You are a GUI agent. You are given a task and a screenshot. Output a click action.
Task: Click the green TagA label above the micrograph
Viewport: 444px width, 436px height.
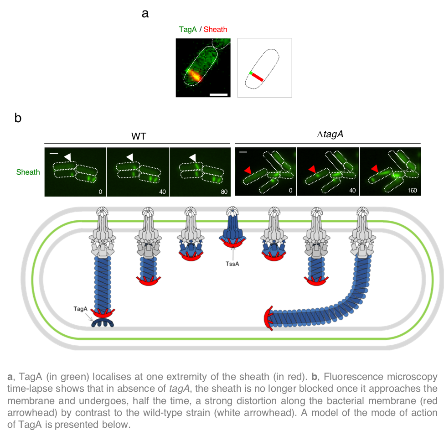(188, 30)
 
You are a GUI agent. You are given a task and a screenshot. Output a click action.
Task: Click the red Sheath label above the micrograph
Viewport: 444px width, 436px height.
(215, 30)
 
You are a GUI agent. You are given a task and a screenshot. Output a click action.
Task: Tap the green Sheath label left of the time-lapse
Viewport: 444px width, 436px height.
(28, 172)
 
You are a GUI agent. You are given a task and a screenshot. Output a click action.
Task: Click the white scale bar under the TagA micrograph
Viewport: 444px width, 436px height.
(218, 95)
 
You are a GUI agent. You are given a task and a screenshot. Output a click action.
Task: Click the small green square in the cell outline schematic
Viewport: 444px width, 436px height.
(251, 73)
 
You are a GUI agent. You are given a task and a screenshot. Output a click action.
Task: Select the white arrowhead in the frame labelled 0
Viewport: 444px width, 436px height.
(67, 157)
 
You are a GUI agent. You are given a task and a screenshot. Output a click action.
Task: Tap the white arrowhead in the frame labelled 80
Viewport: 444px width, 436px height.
(193, 157)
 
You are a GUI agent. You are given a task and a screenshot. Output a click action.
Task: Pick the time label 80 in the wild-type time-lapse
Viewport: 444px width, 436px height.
(224, 192)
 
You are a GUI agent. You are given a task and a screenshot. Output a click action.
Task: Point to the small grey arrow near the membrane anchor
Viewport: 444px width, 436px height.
(89, 317)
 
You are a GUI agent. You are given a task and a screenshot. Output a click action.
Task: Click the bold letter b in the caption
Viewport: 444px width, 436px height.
(314, 377)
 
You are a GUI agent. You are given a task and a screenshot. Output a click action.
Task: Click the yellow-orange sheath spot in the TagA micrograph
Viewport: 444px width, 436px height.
(195, 75)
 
